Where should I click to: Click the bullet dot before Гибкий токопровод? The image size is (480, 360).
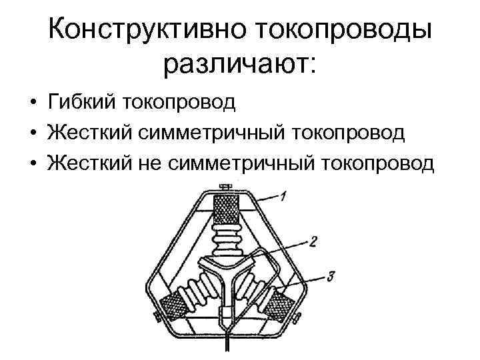[32, 103]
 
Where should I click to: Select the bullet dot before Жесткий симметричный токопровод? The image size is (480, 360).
[32, 133]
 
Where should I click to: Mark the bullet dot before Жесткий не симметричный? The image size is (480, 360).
[32, 163]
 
